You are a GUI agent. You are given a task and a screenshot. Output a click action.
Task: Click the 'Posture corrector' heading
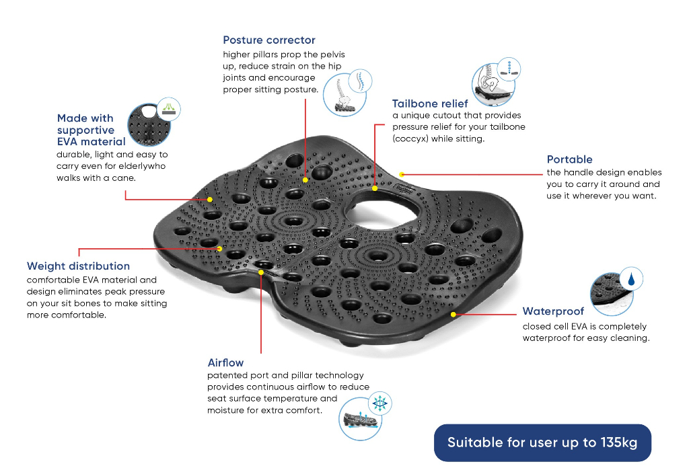point(269,40)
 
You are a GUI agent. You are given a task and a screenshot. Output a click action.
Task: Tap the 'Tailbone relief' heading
point(430,104)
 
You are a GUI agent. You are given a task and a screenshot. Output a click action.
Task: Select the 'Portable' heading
point(569,159)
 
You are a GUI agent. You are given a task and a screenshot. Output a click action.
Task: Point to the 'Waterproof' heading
point(553,311)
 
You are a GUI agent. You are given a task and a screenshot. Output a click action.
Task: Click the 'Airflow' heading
point(225,363)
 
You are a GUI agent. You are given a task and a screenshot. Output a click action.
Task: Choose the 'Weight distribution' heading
point(78,266)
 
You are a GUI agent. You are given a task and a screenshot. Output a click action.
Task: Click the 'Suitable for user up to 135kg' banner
point(542,442)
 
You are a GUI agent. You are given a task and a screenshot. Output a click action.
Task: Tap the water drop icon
point(630,278)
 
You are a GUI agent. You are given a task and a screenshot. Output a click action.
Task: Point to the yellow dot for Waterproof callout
point(454,314)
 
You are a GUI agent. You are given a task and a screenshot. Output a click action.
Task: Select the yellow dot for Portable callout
point(402,173)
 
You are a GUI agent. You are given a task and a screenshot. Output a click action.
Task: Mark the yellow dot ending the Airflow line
point(261,273)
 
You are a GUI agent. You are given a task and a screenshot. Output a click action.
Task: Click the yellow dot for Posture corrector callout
point(305,180)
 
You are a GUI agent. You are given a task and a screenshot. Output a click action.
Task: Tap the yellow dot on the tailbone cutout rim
point(375,188)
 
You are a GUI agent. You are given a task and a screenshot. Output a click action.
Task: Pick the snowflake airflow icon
point(379,403)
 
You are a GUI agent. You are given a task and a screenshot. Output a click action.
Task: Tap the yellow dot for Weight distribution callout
point(220,249)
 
